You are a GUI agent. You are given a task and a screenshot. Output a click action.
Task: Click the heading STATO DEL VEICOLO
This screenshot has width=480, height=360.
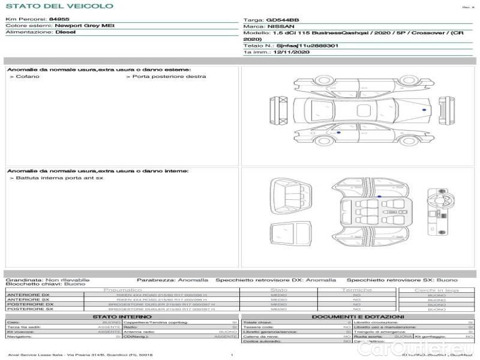tap(59, 6)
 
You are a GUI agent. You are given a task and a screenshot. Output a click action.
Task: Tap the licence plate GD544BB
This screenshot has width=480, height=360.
tap(283, 20)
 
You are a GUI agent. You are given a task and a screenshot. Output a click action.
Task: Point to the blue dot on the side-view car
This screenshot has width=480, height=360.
tap(338, 131)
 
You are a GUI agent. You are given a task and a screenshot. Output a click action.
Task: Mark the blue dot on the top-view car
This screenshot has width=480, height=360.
tap(424, 110)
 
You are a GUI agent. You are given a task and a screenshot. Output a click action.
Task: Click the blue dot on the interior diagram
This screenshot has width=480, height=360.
tap(379, 196)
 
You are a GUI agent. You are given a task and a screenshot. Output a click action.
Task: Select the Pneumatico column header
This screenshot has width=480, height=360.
tap(123, 290)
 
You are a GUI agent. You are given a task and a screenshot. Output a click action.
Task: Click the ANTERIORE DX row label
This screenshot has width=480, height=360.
tap(28, 295)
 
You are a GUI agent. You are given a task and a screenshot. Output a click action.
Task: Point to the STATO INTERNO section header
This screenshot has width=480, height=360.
tap(122, 316)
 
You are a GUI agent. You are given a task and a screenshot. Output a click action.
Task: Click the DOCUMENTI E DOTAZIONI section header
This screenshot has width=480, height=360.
tap(358, 316)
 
